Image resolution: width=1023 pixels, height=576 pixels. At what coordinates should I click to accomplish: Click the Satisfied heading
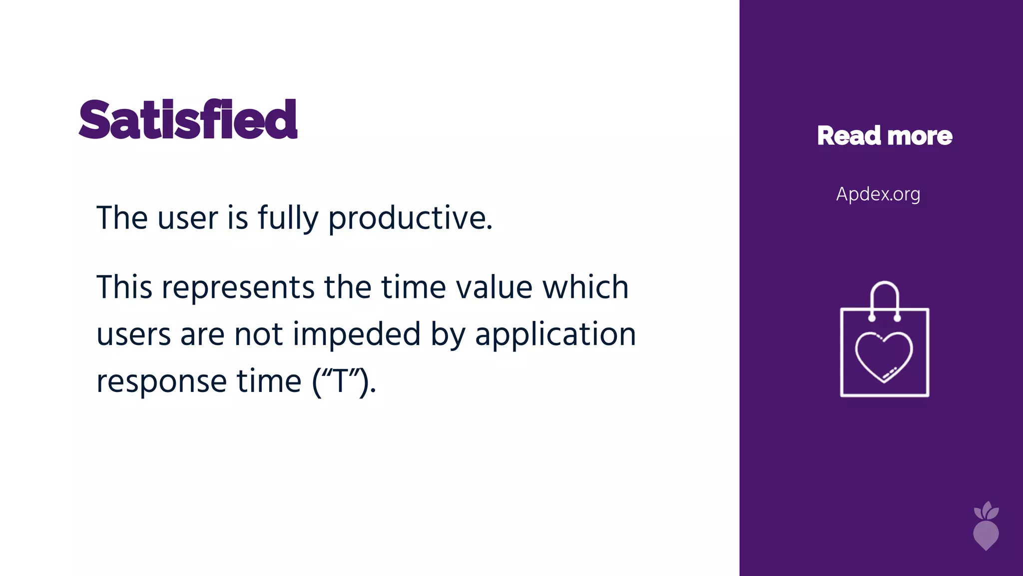coord(188,120)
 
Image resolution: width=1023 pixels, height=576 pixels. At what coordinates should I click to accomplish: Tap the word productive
coord(410,218)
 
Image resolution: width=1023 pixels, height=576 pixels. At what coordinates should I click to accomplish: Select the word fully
coord(288,218)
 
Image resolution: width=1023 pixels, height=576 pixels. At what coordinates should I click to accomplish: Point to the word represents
coord(238,288)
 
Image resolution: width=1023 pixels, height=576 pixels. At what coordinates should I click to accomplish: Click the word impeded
coord(357,334)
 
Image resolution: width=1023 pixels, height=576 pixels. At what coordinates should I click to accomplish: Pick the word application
coord(555,334)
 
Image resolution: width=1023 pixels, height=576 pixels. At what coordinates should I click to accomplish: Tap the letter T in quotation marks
coord(343,381)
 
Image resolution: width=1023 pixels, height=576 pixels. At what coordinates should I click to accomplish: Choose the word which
coord(585,288)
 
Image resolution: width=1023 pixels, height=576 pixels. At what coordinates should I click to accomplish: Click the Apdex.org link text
coord(878,194)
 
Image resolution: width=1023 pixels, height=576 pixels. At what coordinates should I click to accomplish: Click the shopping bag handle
coord(885,290)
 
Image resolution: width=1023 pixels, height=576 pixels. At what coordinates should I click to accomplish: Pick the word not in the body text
coord(259,334)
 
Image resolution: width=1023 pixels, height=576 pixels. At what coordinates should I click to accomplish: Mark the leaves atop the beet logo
coord(987,511)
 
